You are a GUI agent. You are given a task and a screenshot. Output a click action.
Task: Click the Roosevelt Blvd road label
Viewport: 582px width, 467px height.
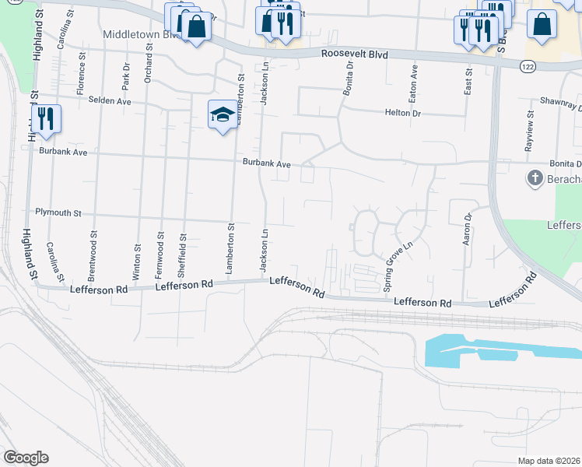pyautogui.click(x=355, y=54)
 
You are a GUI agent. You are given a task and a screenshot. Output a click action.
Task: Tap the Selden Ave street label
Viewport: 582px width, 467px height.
pyautogui.click(x=110, y=100)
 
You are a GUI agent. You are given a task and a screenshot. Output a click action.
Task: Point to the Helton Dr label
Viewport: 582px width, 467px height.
pyautogui.click(x=402, y=113)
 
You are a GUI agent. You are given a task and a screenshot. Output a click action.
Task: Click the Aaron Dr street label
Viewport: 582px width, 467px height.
pyautogui.click(x=468, y=230)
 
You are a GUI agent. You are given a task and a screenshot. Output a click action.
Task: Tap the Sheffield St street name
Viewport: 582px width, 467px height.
pyautogui.click(x=184, y=255)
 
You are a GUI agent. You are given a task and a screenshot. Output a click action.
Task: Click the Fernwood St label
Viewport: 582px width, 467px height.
pyautogui.click(x=160, y=255)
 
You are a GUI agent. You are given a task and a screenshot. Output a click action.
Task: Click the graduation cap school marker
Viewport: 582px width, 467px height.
pyautogui.click(x=223, y=115)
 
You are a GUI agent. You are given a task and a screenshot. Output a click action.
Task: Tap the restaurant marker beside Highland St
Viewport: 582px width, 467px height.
pyautogui.click(x=46, y=118)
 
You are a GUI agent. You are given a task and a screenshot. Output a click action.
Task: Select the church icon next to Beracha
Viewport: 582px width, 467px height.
pyautogui.click(x=535, y=178)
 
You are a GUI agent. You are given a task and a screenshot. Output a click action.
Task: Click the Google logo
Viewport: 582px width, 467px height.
pyautogui.click(x=26, y=458)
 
